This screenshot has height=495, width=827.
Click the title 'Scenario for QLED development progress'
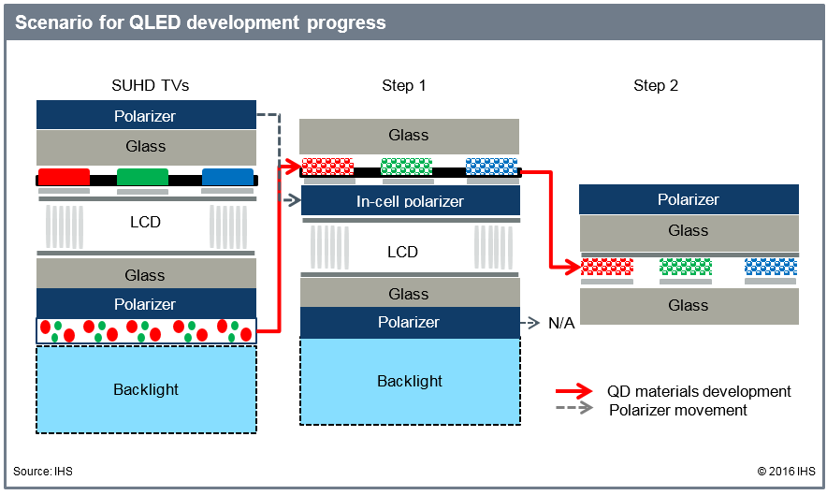coord(199,22)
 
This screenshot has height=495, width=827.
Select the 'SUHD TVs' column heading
coord(150,85)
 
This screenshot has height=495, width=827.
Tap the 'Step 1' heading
coord(404,85)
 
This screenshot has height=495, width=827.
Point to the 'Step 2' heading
coord(656,85)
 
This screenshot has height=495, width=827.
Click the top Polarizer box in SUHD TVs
coord(145,116)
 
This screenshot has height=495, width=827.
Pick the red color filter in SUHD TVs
coord(63,176)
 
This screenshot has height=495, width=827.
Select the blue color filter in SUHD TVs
coord(227,176)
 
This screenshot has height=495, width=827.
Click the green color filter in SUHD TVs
coord(142,176)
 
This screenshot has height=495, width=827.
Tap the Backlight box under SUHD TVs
coord(145,389)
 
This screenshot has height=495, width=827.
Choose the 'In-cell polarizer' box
coord(409,201)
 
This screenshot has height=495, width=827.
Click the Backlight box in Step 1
coord(409,381)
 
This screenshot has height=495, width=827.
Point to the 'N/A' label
coord(561,323)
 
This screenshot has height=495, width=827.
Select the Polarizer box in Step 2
coord(688,199)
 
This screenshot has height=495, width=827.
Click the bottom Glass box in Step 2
coord(688,305)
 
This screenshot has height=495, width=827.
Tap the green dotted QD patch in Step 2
coord(686,267)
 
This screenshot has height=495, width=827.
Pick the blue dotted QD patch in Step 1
coord(491,167)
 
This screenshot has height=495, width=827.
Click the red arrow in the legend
coord(572,391)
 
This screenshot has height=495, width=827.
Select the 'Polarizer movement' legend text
coord(677,410)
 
